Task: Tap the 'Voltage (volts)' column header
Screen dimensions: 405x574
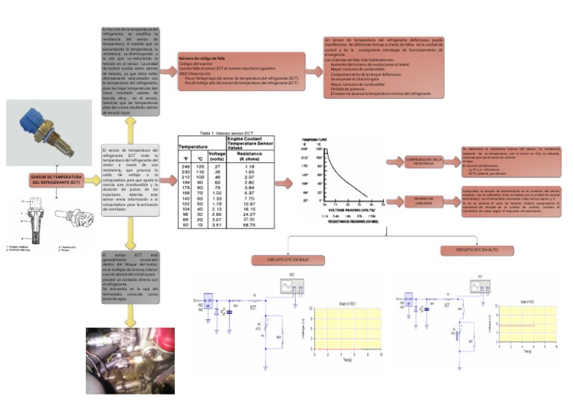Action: (218, 156)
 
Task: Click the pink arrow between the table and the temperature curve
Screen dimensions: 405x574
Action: (285, 182)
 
